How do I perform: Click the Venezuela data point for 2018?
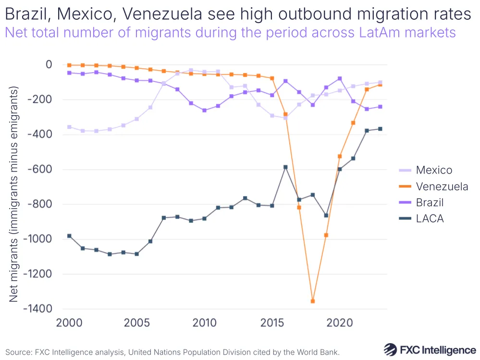[x=313, y=301]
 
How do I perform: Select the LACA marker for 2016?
[x=285, y=167]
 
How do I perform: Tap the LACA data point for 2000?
[x=69, y=236]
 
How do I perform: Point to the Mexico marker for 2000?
[x=69, y=127]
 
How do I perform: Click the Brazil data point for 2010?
[x=205, y=110]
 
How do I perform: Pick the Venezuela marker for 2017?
[x=299, y=207]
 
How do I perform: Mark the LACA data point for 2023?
[x=380, y=129]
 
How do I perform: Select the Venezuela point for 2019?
[x=326, y=235]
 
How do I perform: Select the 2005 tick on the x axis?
[x=137, y=322]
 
